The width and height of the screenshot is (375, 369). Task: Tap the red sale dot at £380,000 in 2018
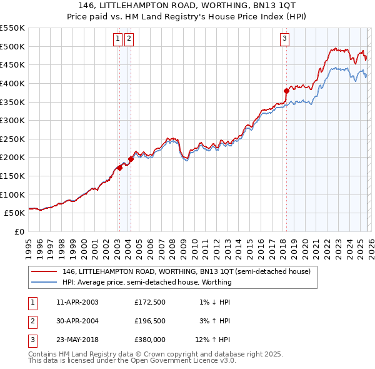(x=286, y=91)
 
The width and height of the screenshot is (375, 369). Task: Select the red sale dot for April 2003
(x=119, y=168)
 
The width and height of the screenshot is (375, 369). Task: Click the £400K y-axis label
(x=14, y=83)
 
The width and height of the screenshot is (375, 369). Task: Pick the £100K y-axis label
(x=14, y=195)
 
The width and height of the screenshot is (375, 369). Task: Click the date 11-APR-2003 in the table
(x=77, y=302)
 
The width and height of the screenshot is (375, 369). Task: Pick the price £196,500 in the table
(x=149, y=321)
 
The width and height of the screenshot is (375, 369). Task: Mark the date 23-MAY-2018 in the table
(x=77, y=340)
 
